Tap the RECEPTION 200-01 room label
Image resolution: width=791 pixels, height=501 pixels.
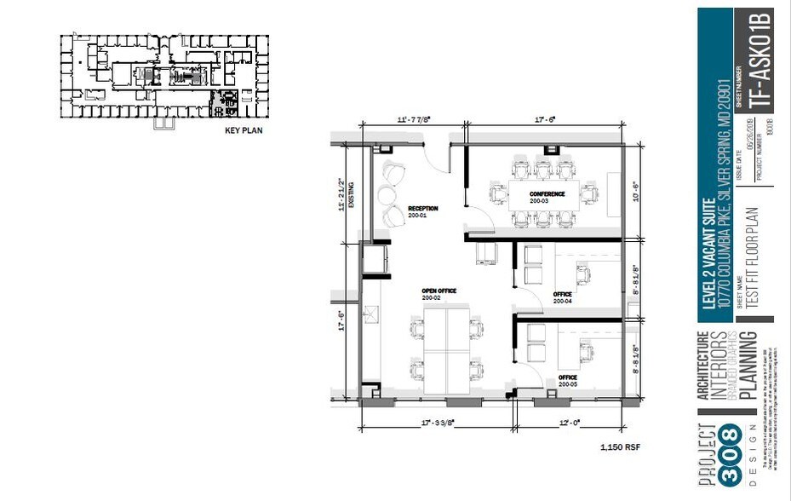(x=421, y=212)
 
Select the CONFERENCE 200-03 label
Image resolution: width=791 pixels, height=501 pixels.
(x=546, y=198)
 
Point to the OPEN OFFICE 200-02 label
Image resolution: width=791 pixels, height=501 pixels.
(x=438, y=295)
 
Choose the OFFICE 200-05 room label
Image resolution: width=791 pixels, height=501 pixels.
(x=568, y=381)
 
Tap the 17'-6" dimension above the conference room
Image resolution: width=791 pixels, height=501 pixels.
(x=543, y=120)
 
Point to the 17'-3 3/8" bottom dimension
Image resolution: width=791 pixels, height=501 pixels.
(x=436, y=422)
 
